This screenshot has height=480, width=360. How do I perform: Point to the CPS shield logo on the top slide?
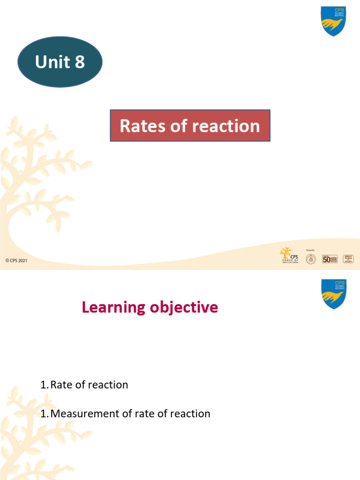coord(333,21)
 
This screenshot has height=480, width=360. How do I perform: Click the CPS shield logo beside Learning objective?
coord(333,294)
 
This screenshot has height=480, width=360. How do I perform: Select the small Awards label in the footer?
coord(310,250)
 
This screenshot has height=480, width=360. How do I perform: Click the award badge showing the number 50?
coord(330,259)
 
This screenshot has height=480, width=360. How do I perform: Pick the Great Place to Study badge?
coord(348,259)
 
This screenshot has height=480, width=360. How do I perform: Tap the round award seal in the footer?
coord(311,259)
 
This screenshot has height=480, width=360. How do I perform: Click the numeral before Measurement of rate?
coord(44,413)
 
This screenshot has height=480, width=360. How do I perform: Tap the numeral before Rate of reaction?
coord(44,385)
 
